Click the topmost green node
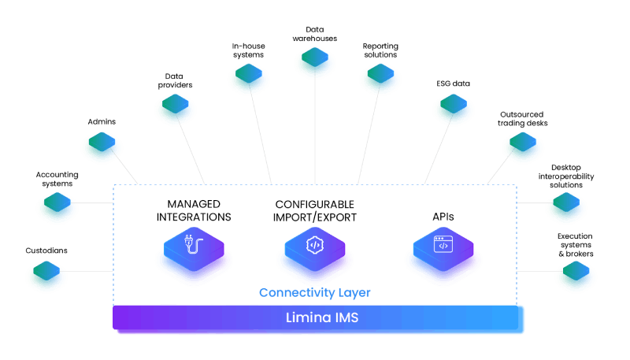pyautogui.click(x=315, y=62)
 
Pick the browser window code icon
pyautogui.click(x=443, y=244)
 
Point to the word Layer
pyautogui.click(x=355, y=293)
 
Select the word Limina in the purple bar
pyautogui.click(x=307, y=318)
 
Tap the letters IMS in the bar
pyautogui.click(x=346, y=318)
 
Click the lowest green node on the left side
pyautogui.click(x=46, y=276)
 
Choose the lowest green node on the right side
pyautogui.click(x=576, y=276)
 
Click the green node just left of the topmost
pyautogui.click(x=249, y=79)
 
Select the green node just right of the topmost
pyautogui.click(x=380, y=79)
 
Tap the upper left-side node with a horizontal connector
pyautogui.click(x=57, y=208)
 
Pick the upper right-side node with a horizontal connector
pyautogui.click(x=565, y=208)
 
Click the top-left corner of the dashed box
pyautogui.click(x=114, y=186)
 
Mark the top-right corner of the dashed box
pyautogui.click(x=517, y=186)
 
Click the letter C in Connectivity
pyautogui.click(x=264, y=293)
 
